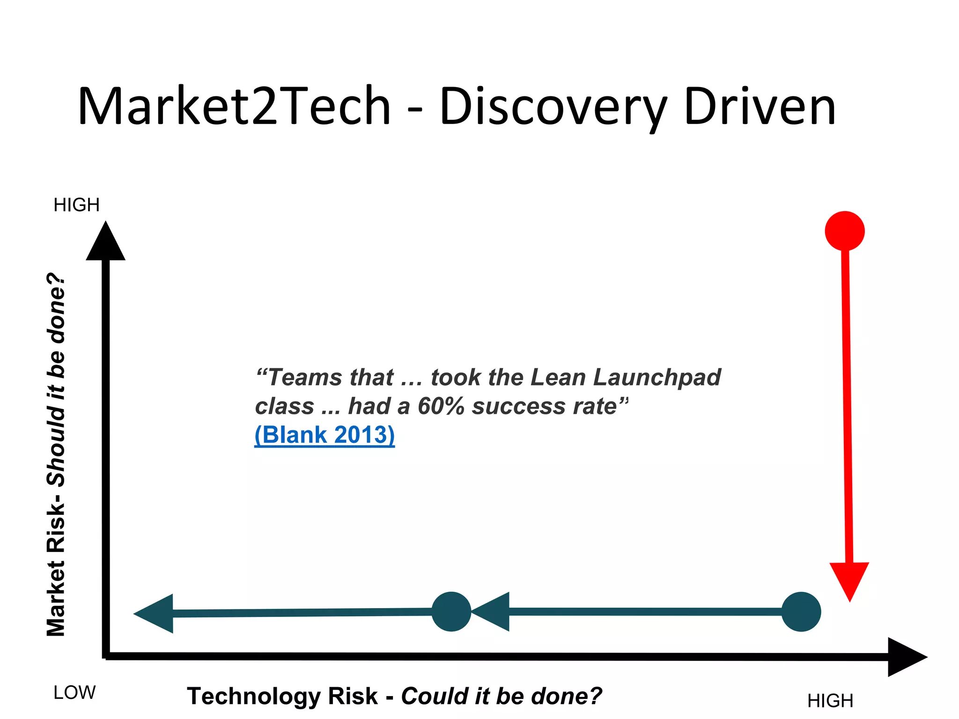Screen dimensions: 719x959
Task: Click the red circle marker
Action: pyautogui.click(x=844, y=231)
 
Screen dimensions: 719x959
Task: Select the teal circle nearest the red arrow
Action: pyautogui.click(x=801, y=612)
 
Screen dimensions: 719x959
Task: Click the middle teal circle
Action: pyautogui.click(x=451, y=612)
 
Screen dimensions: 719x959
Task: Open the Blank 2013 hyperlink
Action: pyautogui.click(x=325, y=435)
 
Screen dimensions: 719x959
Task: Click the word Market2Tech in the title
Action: pyautogui.click(x=234, y=106)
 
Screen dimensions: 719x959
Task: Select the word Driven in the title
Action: pyautogui.click(x=760, y=106)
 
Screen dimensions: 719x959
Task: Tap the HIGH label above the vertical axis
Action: pyautogui.click(x=76, y=205)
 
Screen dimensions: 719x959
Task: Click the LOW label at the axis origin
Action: pyautogui.click(x=74, y=692)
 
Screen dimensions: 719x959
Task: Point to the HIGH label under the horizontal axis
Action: pyautogui.click(x=830, y=701)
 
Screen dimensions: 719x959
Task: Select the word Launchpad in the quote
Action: pyautogui.click(x=657, y=377)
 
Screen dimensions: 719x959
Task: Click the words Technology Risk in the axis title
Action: pyautogui.click(x=282, y=696)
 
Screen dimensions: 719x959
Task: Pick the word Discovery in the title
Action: pyautogui.click(x=553, y=106)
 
